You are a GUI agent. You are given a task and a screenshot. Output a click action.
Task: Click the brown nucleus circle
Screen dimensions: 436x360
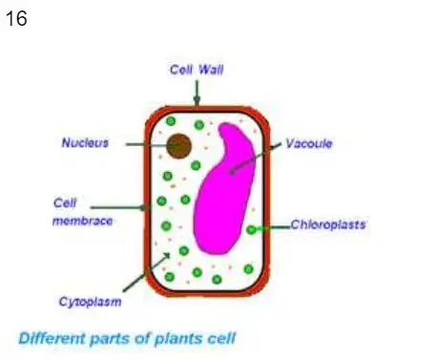click(179, 146)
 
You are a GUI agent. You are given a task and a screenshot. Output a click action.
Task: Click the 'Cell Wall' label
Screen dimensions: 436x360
click(197, 70)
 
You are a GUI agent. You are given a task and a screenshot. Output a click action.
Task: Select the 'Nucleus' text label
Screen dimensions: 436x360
click(85, 143)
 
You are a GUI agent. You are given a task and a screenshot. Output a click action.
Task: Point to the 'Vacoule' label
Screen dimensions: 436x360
click(309, 143)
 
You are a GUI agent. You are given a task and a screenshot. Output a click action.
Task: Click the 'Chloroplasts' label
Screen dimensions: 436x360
click(328, 224)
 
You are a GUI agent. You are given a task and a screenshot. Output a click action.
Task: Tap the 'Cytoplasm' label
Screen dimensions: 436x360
click(91, 302)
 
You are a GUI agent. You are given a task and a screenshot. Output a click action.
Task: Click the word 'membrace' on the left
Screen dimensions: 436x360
click(83, 221)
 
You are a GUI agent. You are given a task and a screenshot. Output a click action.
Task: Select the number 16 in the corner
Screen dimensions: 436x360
click(16, 18)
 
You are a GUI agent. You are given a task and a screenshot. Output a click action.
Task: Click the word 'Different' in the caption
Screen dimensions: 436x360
click(52, 338)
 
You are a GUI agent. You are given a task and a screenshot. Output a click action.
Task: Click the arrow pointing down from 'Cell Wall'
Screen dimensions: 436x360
click(197, 93)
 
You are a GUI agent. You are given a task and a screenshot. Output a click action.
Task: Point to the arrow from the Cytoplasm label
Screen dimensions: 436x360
click(147, 272)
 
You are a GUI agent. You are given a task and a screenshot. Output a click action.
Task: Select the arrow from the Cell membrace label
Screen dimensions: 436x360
click(120, 208)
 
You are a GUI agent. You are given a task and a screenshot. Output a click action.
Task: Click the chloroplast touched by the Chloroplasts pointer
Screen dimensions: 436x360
click(251, 229)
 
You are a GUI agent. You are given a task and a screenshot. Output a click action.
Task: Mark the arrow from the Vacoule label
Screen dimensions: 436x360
click(256, 159)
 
